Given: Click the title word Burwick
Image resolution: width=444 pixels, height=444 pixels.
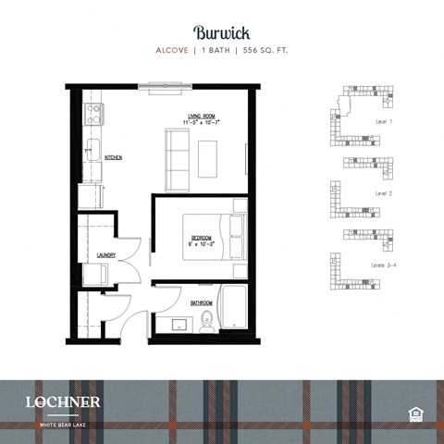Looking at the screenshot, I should [x=221, y=31].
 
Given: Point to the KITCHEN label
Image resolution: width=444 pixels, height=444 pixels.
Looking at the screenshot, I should [x=114, y=158].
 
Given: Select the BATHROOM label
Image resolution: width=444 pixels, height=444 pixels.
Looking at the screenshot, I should [x=202, y=302].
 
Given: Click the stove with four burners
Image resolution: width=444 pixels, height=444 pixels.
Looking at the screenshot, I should [x=93, y=115].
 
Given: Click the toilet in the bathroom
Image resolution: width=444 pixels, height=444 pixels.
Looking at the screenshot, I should [x=207, y=321].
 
